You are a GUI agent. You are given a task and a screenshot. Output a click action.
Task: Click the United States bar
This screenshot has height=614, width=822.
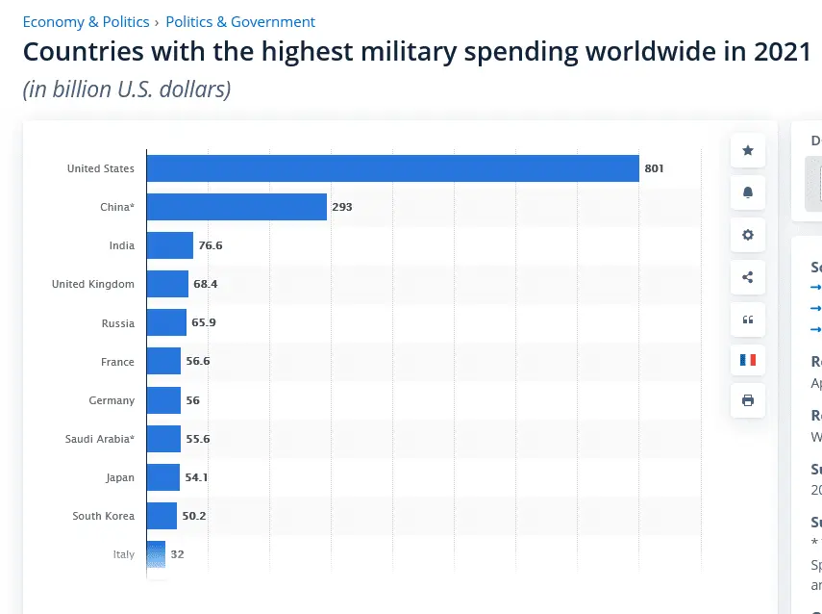coord(392,168)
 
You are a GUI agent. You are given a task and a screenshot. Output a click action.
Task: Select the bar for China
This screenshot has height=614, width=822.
coord(237,207)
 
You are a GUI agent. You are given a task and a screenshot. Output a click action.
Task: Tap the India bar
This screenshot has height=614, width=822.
coord(170,245)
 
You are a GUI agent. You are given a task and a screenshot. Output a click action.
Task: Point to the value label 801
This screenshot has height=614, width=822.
coord(655,168)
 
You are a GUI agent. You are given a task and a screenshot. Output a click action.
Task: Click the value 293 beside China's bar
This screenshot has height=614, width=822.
coord(342,207)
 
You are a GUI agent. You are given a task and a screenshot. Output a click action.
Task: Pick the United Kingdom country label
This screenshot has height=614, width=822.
coord(93,284)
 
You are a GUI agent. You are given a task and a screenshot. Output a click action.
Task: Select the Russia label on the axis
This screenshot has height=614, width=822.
coord(117,323)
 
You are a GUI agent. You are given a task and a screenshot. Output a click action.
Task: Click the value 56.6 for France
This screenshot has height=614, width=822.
coord(197,362)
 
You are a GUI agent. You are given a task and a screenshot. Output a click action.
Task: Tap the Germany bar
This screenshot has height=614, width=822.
coord(163,400)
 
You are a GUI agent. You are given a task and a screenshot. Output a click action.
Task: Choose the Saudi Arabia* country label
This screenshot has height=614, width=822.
coord(100,439)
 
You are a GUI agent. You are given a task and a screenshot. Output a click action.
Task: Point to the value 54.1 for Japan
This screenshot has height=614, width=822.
coord(196,477)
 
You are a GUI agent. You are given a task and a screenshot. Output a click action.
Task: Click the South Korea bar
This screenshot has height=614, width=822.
coord(162,516)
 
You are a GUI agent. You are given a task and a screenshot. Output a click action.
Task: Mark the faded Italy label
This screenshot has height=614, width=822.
coord(123,554)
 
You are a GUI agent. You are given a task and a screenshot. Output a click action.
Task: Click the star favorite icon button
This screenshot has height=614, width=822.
coord(748,151)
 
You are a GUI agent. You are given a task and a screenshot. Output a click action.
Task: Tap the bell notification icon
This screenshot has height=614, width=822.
coord(748,192)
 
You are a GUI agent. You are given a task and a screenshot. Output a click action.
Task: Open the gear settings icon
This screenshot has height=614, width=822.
coord(748,235)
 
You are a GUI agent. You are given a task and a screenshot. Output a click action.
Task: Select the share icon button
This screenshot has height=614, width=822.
coord(748,277)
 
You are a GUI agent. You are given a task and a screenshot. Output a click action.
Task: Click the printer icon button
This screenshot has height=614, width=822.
coord(748,400)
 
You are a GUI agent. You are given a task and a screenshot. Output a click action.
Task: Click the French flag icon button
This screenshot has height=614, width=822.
coord(748,360)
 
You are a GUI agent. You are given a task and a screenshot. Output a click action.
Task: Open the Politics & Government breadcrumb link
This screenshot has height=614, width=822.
coord(240,21)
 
